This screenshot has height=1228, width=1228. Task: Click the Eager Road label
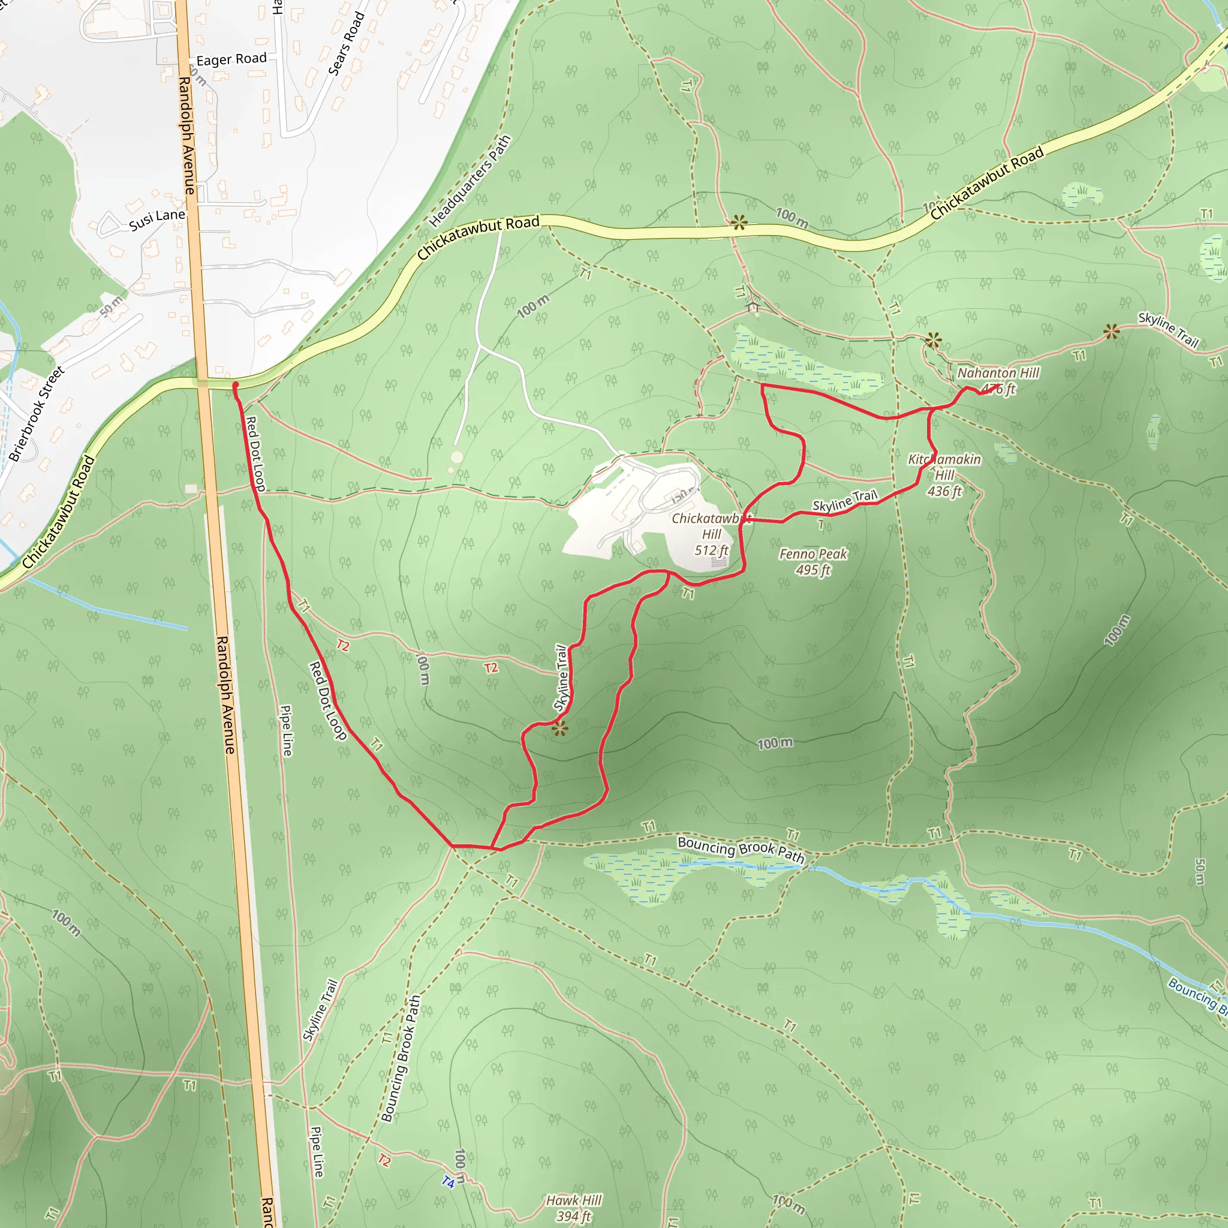tap(231, 59)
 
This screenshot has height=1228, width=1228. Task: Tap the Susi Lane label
tap(156, 219)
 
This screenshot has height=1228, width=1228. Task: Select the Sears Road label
tap(347, 43)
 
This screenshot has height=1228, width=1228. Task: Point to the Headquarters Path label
tap(469, 181)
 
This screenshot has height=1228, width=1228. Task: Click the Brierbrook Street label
tap(37, 413)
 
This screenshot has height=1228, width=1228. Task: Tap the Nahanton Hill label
tap(998, 373)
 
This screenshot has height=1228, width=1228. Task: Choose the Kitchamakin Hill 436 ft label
tap(944, 475)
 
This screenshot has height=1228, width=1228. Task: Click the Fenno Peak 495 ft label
tap(813, 561)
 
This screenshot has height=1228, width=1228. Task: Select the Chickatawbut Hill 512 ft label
tap(711, 534)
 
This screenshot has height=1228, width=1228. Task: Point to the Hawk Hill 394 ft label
tap(573, 1208)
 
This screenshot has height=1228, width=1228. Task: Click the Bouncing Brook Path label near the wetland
tap(741, 849)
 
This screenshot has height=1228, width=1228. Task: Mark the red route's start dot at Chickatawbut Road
tap(235, 385)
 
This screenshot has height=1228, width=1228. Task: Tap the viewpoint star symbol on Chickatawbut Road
tap(739, 222)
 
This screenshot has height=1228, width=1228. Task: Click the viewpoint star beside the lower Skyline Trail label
tap(559, 729)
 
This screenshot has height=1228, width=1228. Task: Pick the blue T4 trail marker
tap(449, 1182)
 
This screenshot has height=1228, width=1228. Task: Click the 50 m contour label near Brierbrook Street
tap(112, 307)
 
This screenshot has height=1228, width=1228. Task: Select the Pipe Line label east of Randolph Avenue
tap(287, 730)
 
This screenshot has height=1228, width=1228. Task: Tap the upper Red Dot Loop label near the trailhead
tap(255, 453)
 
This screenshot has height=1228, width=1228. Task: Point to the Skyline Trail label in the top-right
tap(1168, 330)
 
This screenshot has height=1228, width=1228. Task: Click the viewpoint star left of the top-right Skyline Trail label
tap(1112, 331)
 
